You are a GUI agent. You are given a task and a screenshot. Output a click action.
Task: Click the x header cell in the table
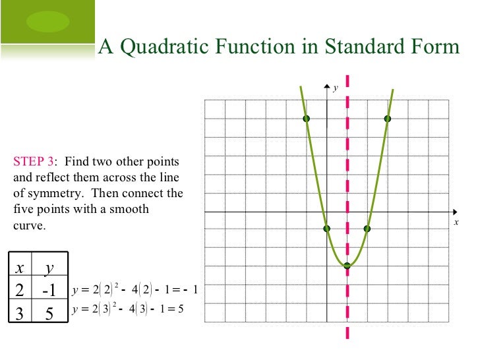coord(20,267)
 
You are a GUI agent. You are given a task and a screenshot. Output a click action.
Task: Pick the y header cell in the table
coord(48,267)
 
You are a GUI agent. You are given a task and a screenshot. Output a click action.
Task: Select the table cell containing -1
coord(48,289)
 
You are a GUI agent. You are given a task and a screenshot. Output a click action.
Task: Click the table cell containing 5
coord(48,313)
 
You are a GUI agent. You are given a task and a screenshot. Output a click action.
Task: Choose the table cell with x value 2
coord(20,289)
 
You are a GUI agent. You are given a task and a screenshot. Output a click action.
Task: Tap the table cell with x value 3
coord(20,313)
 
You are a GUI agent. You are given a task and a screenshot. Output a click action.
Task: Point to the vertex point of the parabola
coord(347,266)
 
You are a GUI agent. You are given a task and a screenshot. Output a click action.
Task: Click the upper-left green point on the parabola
coord(307,119)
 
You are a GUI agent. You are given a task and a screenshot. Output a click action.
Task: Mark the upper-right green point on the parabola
coord(387,119)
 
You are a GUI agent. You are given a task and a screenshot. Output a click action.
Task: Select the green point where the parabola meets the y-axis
coord(327,229)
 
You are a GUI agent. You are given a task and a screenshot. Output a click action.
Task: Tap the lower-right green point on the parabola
coord(367,229)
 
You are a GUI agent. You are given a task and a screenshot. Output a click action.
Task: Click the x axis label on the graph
coord(456,223)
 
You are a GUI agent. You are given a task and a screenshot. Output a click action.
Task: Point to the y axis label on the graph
coord(335,88)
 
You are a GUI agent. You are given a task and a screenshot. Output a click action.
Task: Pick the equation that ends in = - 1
coord(135,289)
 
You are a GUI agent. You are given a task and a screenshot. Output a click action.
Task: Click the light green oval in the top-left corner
coord(47,22)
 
